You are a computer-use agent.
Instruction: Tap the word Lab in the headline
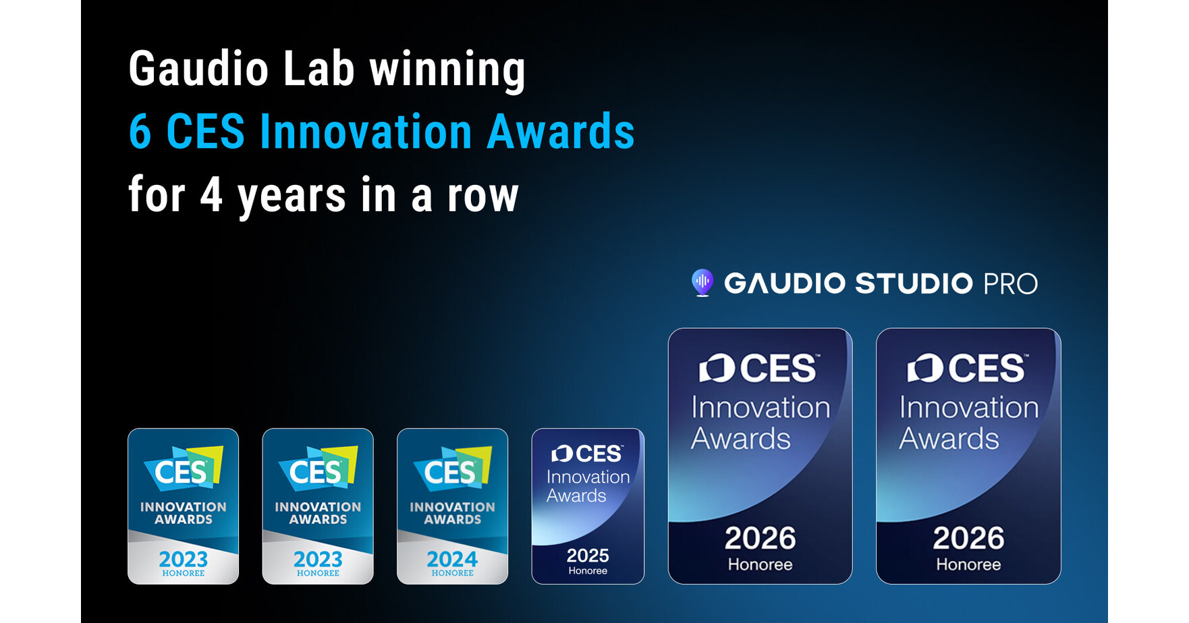click(x=319, y=70)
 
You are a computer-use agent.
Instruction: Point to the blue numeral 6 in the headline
click(x=140, y=132)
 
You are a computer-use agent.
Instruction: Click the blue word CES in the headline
click(x=205, y=132)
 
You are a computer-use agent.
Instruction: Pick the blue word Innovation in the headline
click(x=366, y=132)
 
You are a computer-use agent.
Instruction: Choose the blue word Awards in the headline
click(x=560, y=132)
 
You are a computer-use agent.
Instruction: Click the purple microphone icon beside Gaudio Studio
click(x=702, y=283)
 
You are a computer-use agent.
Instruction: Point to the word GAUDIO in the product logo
click(x=784, y=283)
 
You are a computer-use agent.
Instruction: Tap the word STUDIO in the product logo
click(x=914, y=283)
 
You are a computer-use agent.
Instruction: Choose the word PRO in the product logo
click(x=1010, y=283)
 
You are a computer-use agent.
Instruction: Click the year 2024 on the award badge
click(x=452, y=559)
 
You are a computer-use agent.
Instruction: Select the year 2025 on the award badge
click(x=588, y=556)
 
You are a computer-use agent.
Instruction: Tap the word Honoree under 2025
click(x=588, y=571)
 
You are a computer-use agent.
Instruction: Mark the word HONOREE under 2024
click(x=452, y=573)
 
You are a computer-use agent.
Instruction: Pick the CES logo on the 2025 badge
click(x=587, y=454)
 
